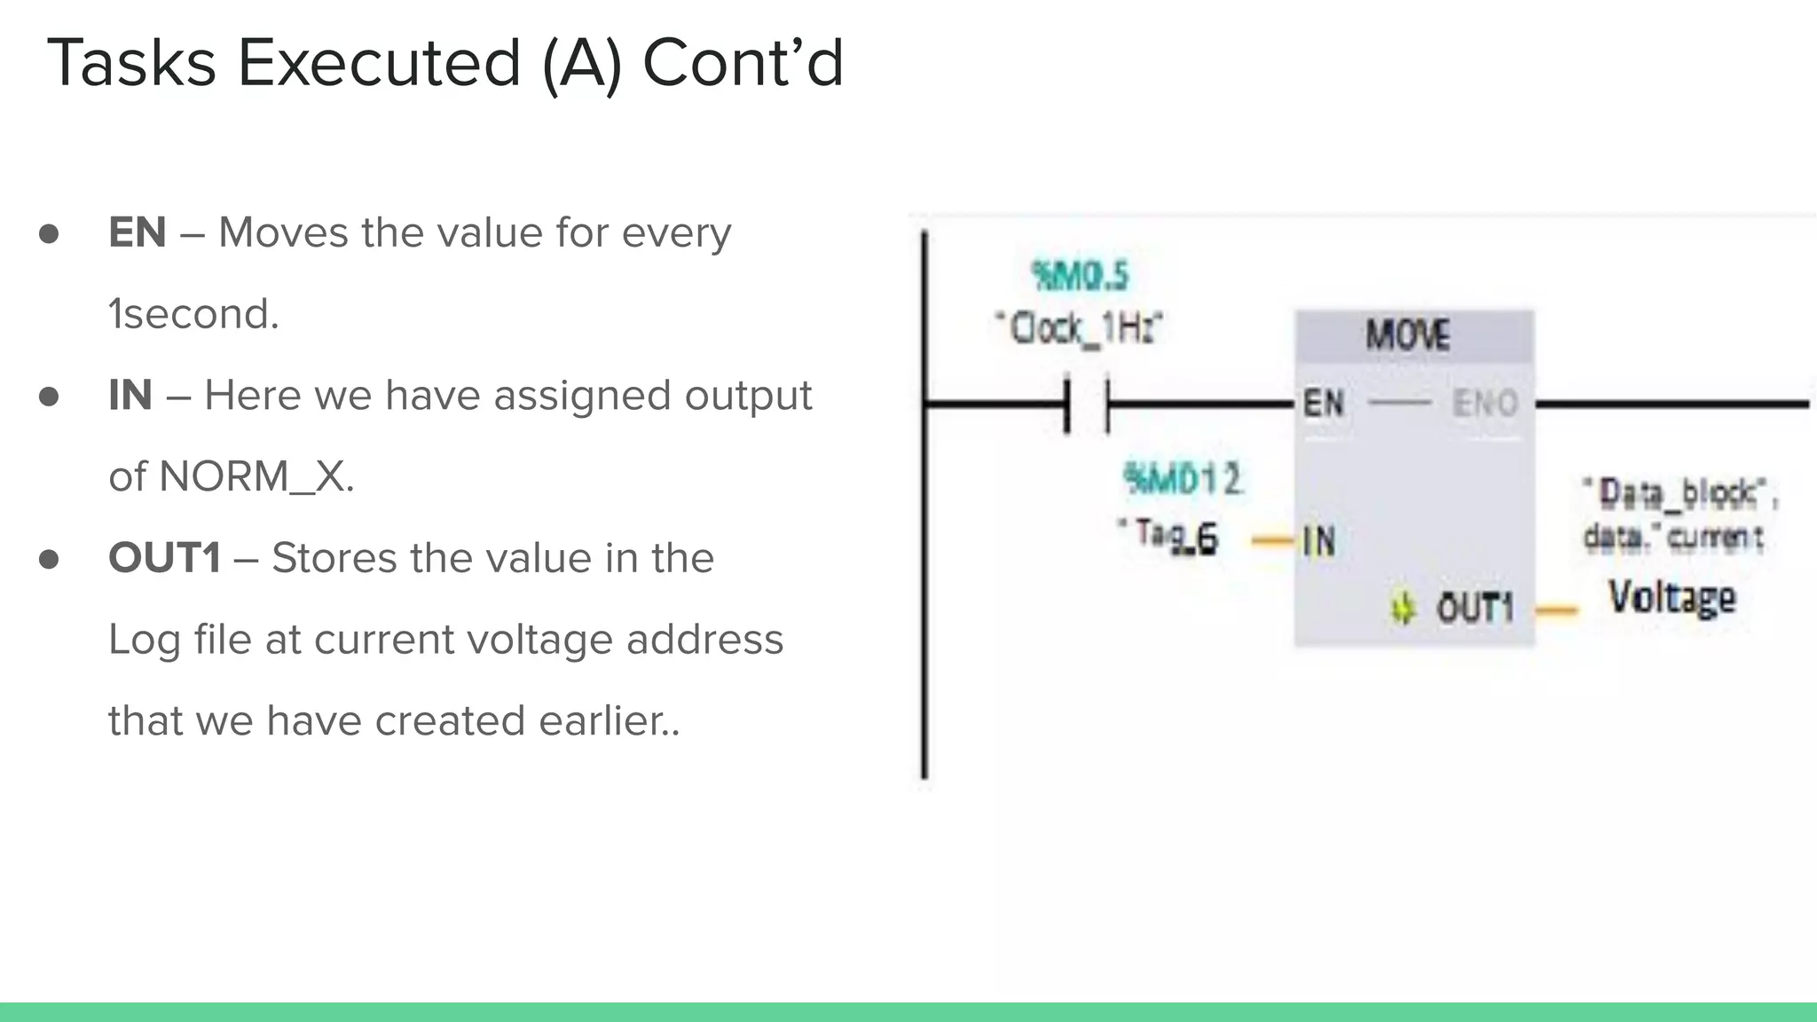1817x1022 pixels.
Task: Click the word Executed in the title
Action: (x=379, y=64)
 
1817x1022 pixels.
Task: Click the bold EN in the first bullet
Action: (x=137, y=233)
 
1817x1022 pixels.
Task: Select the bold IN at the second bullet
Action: (x=130, y=396)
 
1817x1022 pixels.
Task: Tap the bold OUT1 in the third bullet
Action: (x=164, y=559)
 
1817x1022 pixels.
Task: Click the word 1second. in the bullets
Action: (x=193, y=314)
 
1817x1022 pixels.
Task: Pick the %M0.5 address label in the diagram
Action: (x=1080, y=276)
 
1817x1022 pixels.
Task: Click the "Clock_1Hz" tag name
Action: (x=1080, y=329)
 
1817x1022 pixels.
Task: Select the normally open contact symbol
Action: (x=1087, y=405)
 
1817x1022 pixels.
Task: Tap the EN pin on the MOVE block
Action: (x=1323, y=404)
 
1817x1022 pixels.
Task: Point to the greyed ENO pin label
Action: (x=1484, y=404)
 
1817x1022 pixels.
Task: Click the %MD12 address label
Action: (x=1182, y=480)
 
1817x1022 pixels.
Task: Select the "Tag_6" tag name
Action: (x=1168, y=536)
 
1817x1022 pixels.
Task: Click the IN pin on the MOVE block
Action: (x=1319, y=540)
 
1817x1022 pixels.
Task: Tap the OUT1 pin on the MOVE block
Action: (x=1475, y=609)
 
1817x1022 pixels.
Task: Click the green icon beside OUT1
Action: (x=1403, y=609)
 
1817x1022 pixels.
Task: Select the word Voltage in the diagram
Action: (x=1671, y=597)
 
